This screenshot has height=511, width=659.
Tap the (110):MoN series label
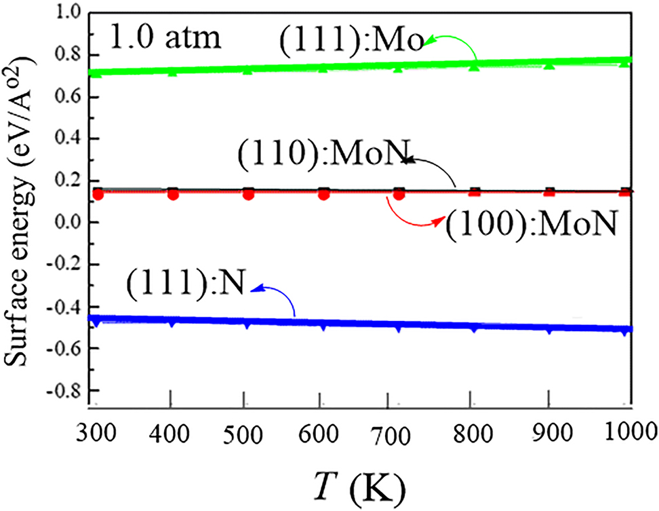(323, 160)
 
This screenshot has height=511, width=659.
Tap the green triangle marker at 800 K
(474, 67)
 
